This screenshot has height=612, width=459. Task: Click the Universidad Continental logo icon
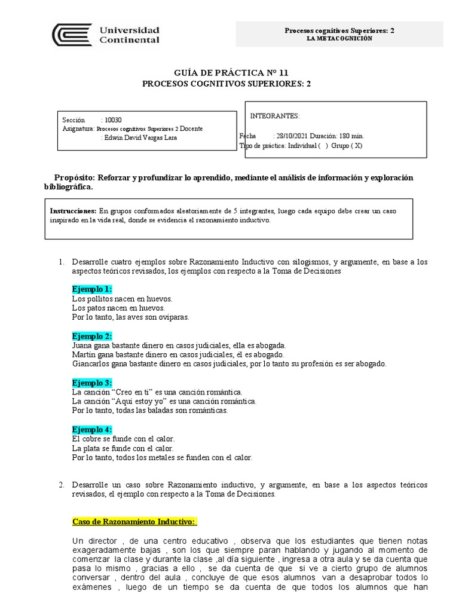(72, 35)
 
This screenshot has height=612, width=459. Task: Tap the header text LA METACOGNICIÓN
(339, 38)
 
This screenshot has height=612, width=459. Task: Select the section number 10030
(113, 120)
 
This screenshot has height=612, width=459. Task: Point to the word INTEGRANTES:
(275, 115)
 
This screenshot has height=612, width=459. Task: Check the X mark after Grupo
(357, 146)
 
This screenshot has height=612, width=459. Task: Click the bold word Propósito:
(75, 178)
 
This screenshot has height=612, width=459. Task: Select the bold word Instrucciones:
(73, 211)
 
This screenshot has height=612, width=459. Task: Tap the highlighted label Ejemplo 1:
(92, 289)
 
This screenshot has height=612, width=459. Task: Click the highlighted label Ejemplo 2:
(92, 336)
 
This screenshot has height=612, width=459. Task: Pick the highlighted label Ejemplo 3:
(92, 382)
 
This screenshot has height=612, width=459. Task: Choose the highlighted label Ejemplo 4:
(92, 430)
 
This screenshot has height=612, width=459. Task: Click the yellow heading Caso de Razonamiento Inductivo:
(134, 522)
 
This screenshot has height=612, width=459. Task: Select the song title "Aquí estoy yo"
(135, 401)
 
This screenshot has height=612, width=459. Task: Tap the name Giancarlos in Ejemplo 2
(91, 363)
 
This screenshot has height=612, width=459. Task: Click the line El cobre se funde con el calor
(123, 439)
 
